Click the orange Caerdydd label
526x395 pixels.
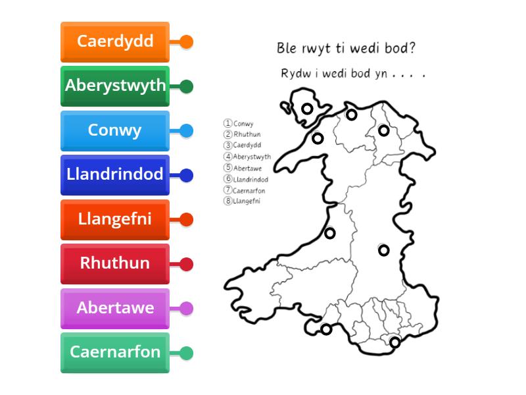click(x=115, y=41)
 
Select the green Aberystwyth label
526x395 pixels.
click(x=115, y=86)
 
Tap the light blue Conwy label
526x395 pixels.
click(x=115, y=130)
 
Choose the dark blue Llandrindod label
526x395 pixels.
click(x=115, y=174)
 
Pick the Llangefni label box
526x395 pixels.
click(x=115, y=219)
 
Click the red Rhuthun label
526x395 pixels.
click(x=115, y=263)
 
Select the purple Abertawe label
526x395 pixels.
click(x=115, y=308)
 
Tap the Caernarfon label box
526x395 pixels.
click(x=115, y=352)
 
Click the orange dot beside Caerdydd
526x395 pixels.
click(x=186, y=42)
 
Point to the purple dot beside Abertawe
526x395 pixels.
click(x=186, y=308)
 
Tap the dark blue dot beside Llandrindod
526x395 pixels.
click(x=186, y=175)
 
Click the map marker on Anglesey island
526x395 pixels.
click(x=307, y=109)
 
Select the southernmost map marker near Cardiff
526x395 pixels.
click(x=394, y=342)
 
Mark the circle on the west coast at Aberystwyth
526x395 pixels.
click(x=330, y=232)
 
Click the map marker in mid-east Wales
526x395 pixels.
click(x=383, y=250)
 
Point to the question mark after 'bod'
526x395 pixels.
click(x=412, y=48)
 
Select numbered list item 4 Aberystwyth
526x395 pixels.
click(x=248, y=157)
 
